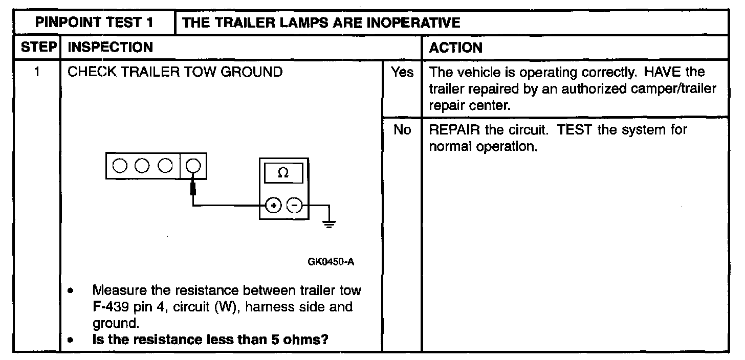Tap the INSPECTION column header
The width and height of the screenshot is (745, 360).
coord(111,48)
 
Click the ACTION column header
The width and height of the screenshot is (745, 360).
coord(455,48)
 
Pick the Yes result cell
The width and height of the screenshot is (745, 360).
coord(402,73)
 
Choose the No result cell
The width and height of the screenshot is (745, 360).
coord(402,130)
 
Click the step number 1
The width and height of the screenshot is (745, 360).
coord(38,72)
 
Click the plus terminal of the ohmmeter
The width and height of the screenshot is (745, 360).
coord(274,206)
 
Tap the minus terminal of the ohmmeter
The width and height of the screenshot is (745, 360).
coord(294,206)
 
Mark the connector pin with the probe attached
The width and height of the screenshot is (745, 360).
coord(193,166)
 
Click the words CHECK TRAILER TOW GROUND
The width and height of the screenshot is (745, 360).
coord(175,72)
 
